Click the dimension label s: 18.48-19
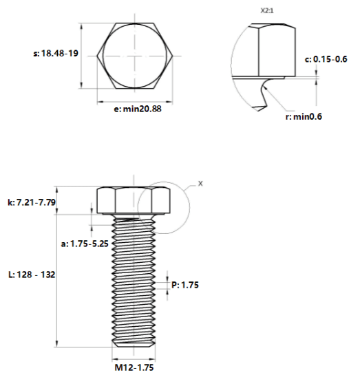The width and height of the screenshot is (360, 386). click(56, 53)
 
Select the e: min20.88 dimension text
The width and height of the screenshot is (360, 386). click(138, 109)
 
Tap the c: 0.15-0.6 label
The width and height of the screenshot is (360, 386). click(326, 59)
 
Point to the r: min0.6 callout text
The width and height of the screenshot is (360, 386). click(304, 116)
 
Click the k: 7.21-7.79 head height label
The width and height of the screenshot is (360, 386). click(32, 202)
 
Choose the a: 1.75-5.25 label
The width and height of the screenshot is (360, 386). click(85, 244)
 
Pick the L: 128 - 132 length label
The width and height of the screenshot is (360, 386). click(32, 275)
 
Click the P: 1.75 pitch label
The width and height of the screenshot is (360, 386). click(185, 285)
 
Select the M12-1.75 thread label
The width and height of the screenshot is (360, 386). click(134, 367)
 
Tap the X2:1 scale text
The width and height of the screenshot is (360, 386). click(267, 11)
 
